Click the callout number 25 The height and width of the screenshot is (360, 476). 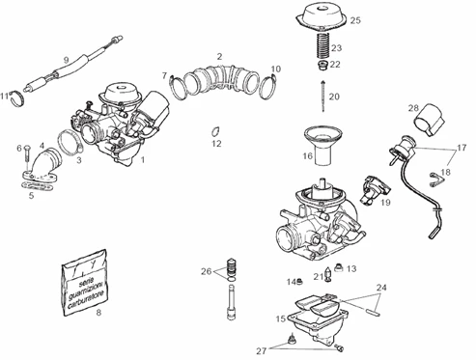pyautogui.click(x=355, y=20)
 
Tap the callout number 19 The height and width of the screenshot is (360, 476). pyautogui.click(x=385, y=204)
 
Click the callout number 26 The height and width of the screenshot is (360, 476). pyautogui.click(x=205, y=272)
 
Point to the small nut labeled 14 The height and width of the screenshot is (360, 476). pyautogui.click(x=300, y=281)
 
